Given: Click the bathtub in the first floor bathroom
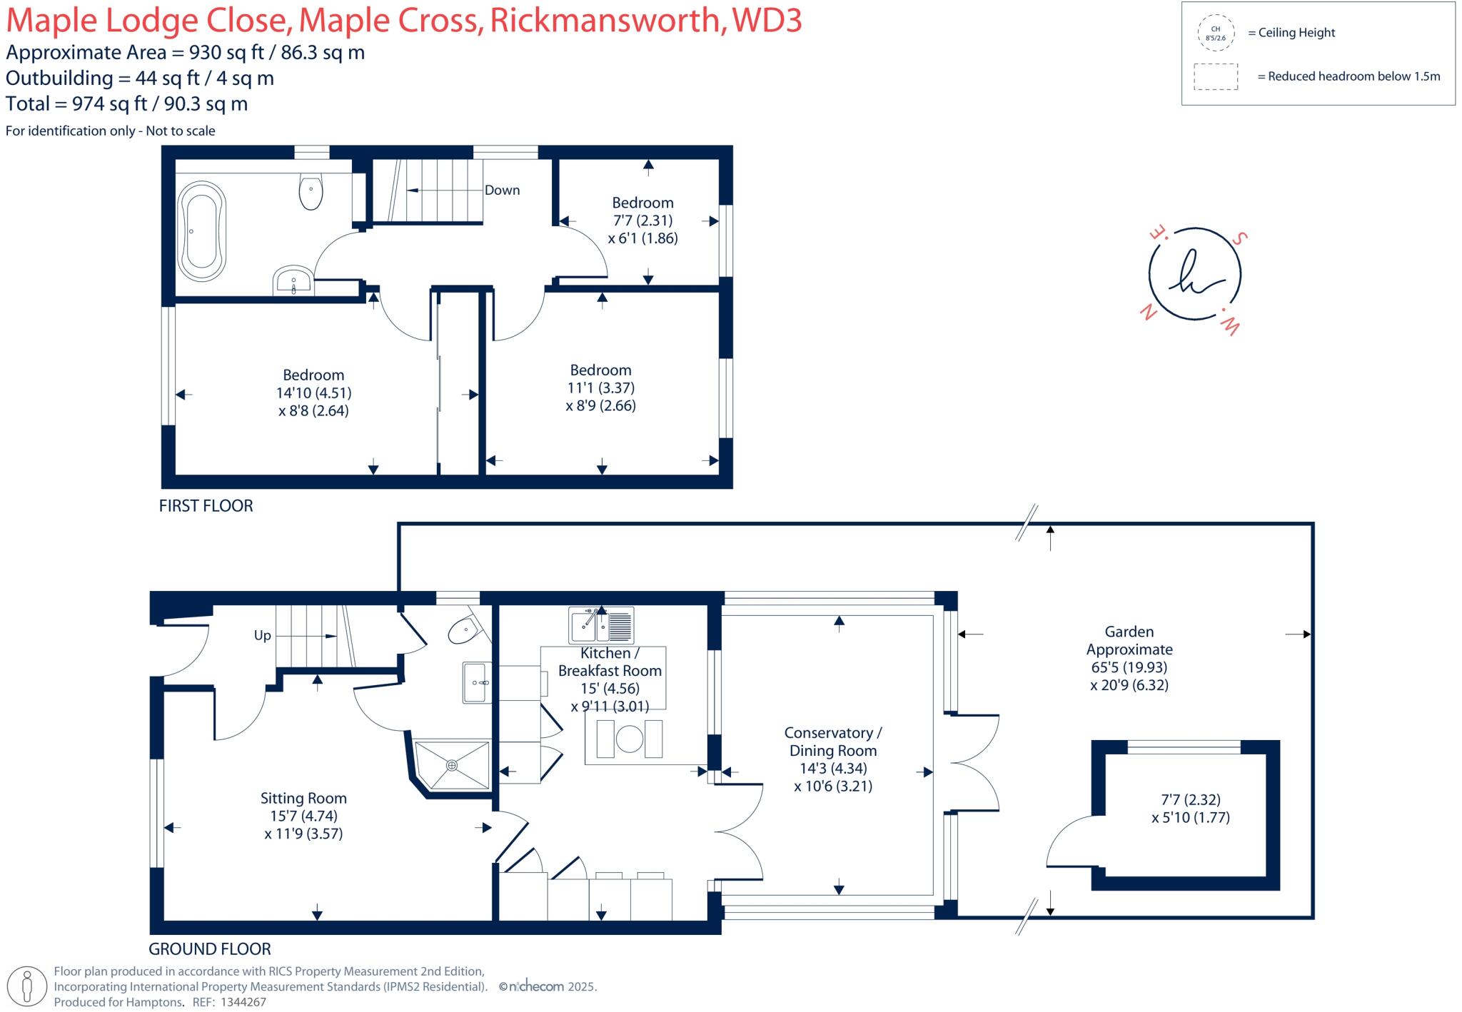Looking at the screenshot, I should (203, 231).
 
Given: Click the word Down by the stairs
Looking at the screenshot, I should (502, 190).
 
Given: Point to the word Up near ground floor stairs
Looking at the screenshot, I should (263, 635).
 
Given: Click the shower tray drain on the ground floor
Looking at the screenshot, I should (452, 765).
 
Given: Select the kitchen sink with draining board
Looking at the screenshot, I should (601, 625).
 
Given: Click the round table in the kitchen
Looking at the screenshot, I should (630, 739).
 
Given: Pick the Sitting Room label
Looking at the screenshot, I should (303, 798).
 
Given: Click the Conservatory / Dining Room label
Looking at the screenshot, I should (833, 742).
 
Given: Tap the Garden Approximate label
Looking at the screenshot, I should (1129, 640).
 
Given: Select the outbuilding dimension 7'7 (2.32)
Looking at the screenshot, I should (1190, 799).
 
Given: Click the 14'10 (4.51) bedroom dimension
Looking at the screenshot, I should (314, 393).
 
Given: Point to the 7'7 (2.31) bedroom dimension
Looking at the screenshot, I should (642, 221).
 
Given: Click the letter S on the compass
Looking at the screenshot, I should (1240, 238).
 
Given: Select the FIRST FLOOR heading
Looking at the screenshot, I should (206, 506).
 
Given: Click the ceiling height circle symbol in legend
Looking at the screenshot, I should (1216, 33).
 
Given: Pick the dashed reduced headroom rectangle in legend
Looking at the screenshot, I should (1216, 76).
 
